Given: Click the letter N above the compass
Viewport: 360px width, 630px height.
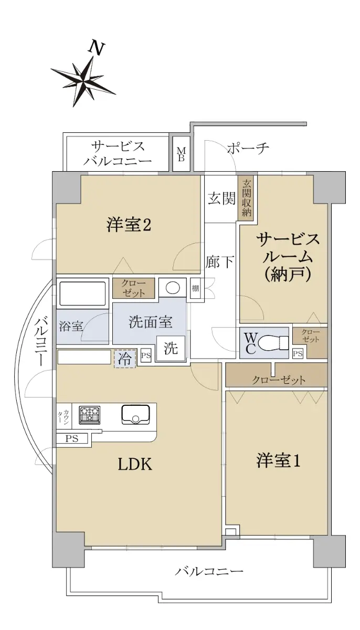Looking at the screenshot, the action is [x=97, y=48].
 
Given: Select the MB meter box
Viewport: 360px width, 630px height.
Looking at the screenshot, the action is [x=181, y=154].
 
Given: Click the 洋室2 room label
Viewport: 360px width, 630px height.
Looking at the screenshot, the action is [x=129, y=225].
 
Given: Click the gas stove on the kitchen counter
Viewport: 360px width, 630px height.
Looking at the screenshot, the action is [x=89, y=414].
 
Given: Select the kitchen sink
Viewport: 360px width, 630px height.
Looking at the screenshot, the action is [x=135, y=414].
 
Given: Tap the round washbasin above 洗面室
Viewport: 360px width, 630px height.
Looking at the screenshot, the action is [x=173, y=288].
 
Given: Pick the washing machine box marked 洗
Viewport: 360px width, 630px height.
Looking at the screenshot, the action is [x=171, y=349].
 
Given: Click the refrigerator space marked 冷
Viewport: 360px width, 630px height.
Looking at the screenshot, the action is [x=125, y=358].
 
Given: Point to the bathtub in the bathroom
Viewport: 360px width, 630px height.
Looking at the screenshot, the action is [x=82, y=293].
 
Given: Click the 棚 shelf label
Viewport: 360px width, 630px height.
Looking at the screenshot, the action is [x=195, y=288].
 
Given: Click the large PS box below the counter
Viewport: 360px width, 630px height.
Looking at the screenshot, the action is [x=72, y=438].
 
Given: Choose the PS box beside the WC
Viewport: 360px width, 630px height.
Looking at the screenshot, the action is [x=298, y=353].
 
